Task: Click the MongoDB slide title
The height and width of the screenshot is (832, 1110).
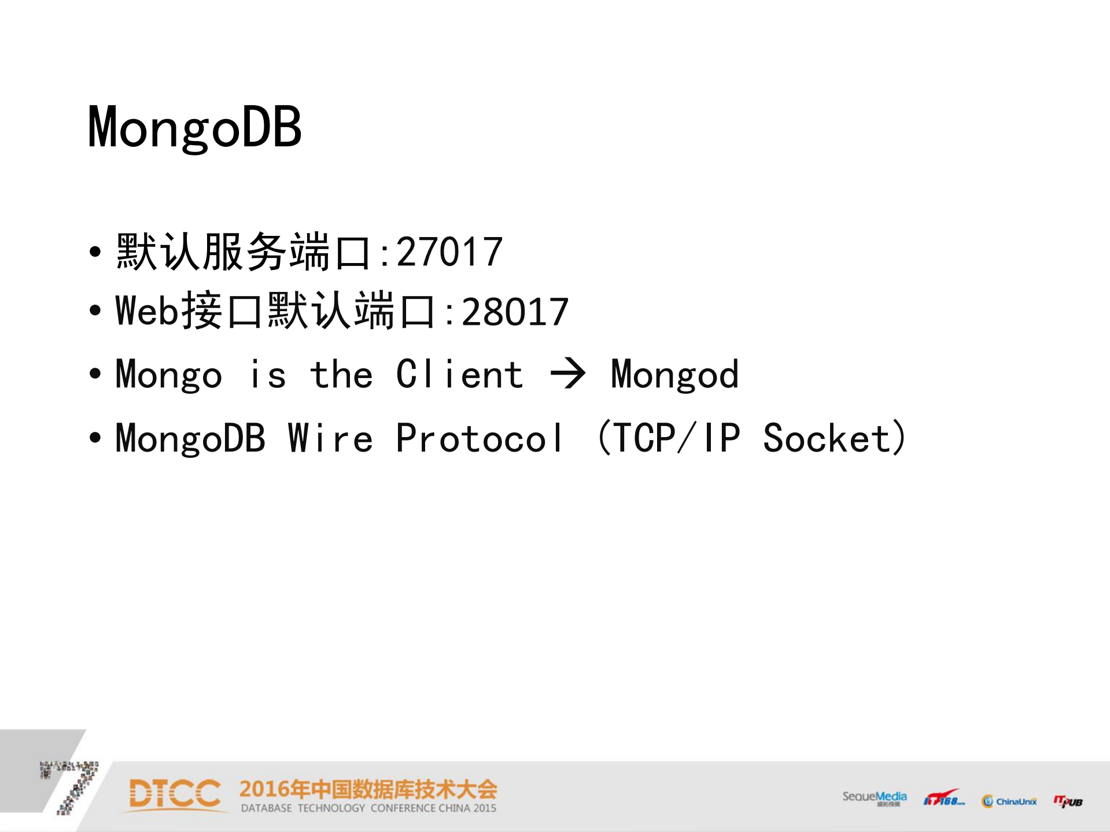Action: point(194,127)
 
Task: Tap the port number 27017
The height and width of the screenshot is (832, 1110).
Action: point(449,253)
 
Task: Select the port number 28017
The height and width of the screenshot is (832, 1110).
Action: point(515,312)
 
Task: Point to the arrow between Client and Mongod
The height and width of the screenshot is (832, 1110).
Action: point(567,374)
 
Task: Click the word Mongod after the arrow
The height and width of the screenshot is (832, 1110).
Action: point(674,375)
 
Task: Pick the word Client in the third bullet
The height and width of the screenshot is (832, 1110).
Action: point(460,374)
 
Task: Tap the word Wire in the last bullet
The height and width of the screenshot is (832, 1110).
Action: point(330,438)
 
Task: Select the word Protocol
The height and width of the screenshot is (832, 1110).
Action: point(479,438)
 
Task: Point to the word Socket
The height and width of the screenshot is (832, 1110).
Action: point(826,438)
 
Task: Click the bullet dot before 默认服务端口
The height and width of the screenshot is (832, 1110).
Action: point(95,253)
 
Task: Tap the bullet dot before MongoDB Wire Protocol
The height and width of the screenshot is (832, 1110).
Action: point(95,438)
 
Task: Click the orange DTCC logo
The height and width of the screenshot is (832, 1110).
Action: point(174,794)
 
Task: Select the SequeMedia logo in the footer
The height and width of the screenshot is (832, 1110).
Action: point(874,798)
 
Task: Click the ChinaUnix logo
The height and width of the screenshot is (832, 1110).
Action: point(1009,801)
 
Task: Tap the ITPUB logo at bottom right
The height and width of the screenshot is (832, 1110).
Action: point(1068,801)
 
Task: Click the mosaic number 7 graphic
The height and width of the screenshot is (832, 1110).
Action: point(72,786)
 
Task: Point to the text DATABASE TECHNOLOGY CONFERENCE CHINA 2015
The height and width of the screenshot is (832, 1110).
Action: point(368,808)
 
